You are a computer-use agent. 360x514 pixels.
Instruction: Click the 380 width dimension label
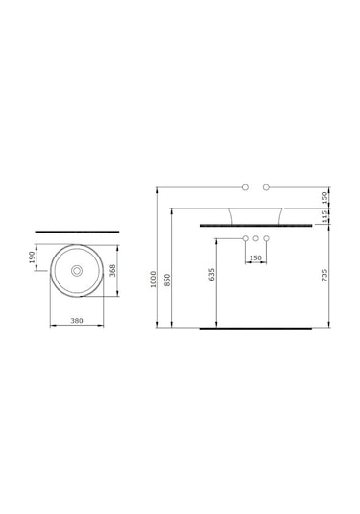[x=76, y=322]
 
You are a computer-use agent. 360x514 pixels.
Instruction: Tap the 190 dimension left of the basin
[x=33, y=257]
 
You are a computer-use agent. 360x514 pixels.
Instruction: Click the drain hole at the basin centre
[x=76, y=272]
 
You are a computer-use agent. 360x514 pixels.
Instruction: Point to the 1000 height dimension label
[x=153, y=279]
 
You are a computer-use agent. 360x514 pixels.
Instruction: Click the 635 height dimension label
[x=212, y=274]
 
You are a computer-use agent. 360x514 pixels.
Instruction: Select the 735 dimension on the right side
[x=325, y=276]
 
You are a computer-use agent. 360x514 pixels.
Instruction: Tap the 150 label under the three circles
[x=255, y=258]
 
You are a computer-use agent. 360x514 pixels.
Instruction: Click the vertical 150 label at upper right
[x=325, y=196]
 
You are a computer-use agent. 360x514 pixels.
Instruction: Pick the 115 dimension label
[x=325, y=217]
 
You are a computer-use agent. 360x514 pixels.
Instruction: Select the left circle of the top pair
[x=246, y=184]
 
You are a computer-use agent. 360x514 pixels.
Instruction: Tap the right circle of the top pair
[x=267, y=184]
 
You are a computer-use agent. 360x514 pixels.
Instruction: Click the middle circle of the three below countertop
[x=256, y=237]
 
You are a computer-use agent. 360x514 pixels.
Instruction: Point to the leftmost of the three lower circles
[x=246, y=237]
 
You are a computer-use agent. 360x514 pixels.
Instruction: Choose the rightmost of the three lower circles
[x=267, y=237]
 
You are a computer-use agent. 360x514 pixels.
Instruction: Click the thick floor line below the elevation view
[x=255, y=328]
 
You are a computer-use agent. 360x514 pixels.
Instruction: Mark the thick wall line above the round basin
[x=76, y=232]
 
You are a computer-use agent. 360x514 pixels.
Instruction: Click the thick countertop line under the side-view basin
[x=256, y=225]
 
